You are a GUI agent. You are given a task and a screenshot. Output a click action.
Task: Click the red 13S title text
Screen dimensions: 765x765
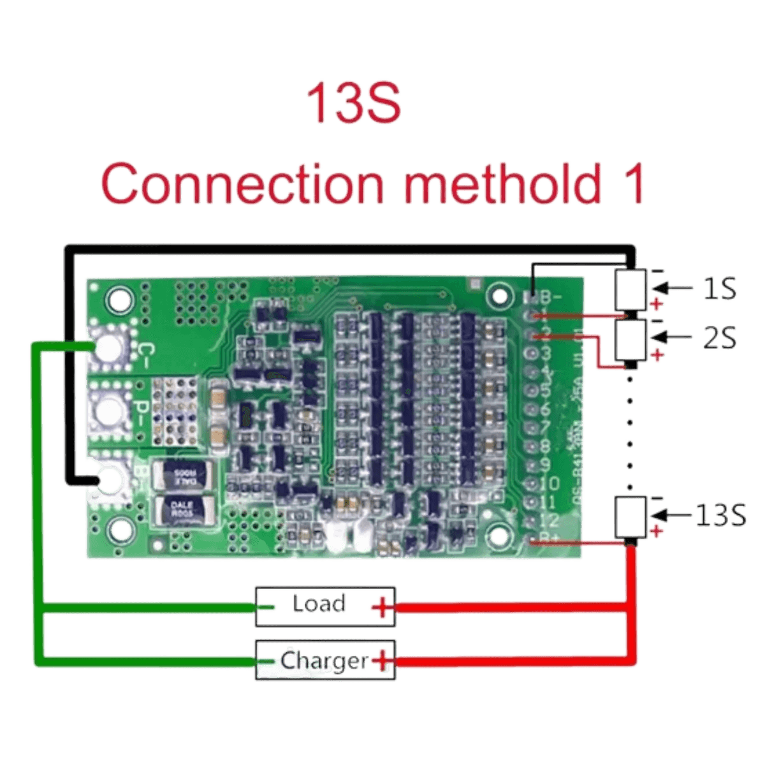354,102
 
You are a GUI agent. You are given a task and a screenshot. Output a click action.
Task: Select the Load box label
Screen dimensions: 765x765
318,604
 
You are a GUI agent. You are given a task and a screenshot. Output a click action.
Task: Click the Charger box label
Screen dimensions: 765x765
324,660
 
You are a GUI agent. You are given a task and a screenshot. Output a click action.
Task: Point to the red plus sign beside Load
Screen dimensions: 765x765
382,609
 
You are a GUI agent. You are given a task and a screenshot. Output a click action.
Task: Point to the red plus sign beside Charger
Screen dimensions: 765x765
382,662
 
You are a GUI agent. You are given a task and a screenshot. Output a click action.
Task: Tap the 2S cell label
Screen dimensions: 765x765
720,339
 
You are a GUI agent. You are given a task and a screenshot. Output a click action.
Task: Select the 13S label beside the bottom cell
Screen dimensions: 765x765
721,514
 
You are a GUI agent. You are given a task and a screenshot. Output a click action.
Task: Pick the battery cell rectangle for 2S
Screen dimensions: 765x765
631,340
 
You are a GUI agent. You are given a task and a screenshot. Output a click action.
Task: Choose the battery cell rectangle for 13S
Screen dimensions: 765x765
630,516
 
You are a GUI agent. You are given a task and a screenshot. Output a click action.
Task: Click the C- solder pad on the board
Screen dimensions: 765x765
110,347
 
